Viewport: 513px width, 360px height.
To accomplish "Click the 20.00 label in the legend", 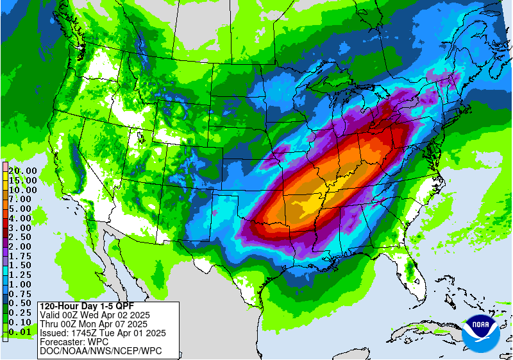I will click(22, 171).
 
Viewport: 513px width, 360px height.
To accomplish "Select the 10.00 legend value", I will click(22, 190).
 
